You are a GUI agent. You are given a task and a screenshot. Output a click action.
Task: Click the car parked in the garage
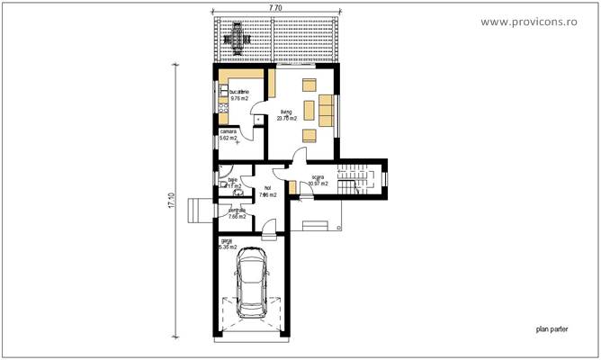(251, 282)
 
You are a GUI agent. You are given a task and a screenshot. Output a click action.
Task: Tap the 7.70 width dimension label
(275, 8)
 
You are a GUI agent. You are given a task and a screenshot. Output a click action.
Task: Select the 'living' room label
(285, 112)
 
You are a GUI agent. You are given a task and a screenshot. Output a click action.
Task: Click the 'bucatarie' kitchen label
(238, 92)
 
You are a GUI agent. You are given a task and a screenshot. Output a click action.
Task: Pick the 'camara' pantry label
(229, 131)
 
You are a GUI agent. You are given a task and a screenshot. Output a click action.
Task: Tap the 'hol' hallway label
(267, 187)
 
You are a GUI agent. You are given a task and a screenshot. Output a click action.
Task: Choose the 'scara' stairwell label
(318, 177)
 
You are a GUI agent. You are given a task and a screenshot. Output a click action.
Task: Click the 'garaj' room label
(226, 241)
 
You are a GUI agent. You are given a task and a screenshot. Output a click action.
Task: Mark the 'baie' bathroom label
(232, 180)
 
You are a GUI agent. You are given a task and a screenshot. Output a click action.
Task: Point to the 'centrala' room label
(237, 210)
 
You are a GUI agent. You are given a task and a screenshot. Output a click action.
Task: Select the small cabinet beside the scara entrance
(293, 189)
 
